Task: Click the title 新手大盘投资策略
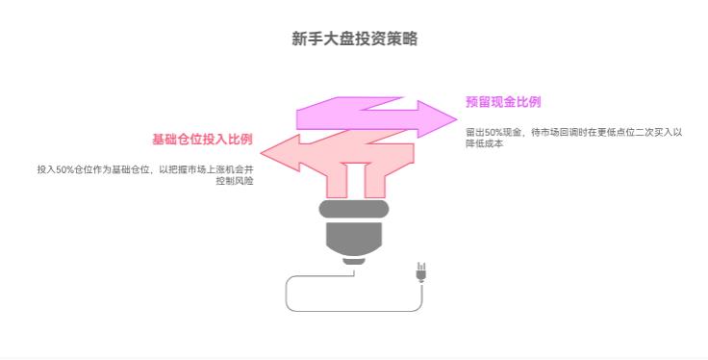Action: point(354,39)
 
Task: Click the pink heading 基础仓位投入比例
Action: point(201,140)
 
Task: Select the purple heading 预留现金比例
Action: point(503,102)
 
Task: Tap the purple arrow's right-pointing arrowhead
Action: point(442,113)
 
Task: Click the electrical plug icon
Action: point(420,271)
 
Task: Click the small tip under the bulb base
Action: point(354,259)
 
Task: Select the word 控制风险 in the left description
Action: point(237,180)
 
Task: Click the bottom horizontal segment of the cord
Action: point(353,311)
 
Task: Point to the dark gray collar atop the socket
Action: point(353,208)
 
